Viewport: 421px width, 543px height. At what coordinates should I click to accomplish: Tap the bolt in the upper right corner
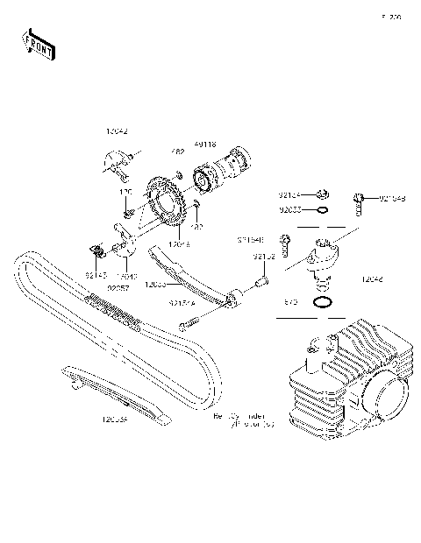(x=359, y=202)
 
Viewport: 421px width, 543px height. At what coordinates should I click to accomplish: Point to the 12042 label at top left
(x=117, y=130)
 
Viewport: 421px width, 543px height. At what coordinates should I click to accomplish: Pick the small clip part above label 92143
(x=98, y=254)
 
